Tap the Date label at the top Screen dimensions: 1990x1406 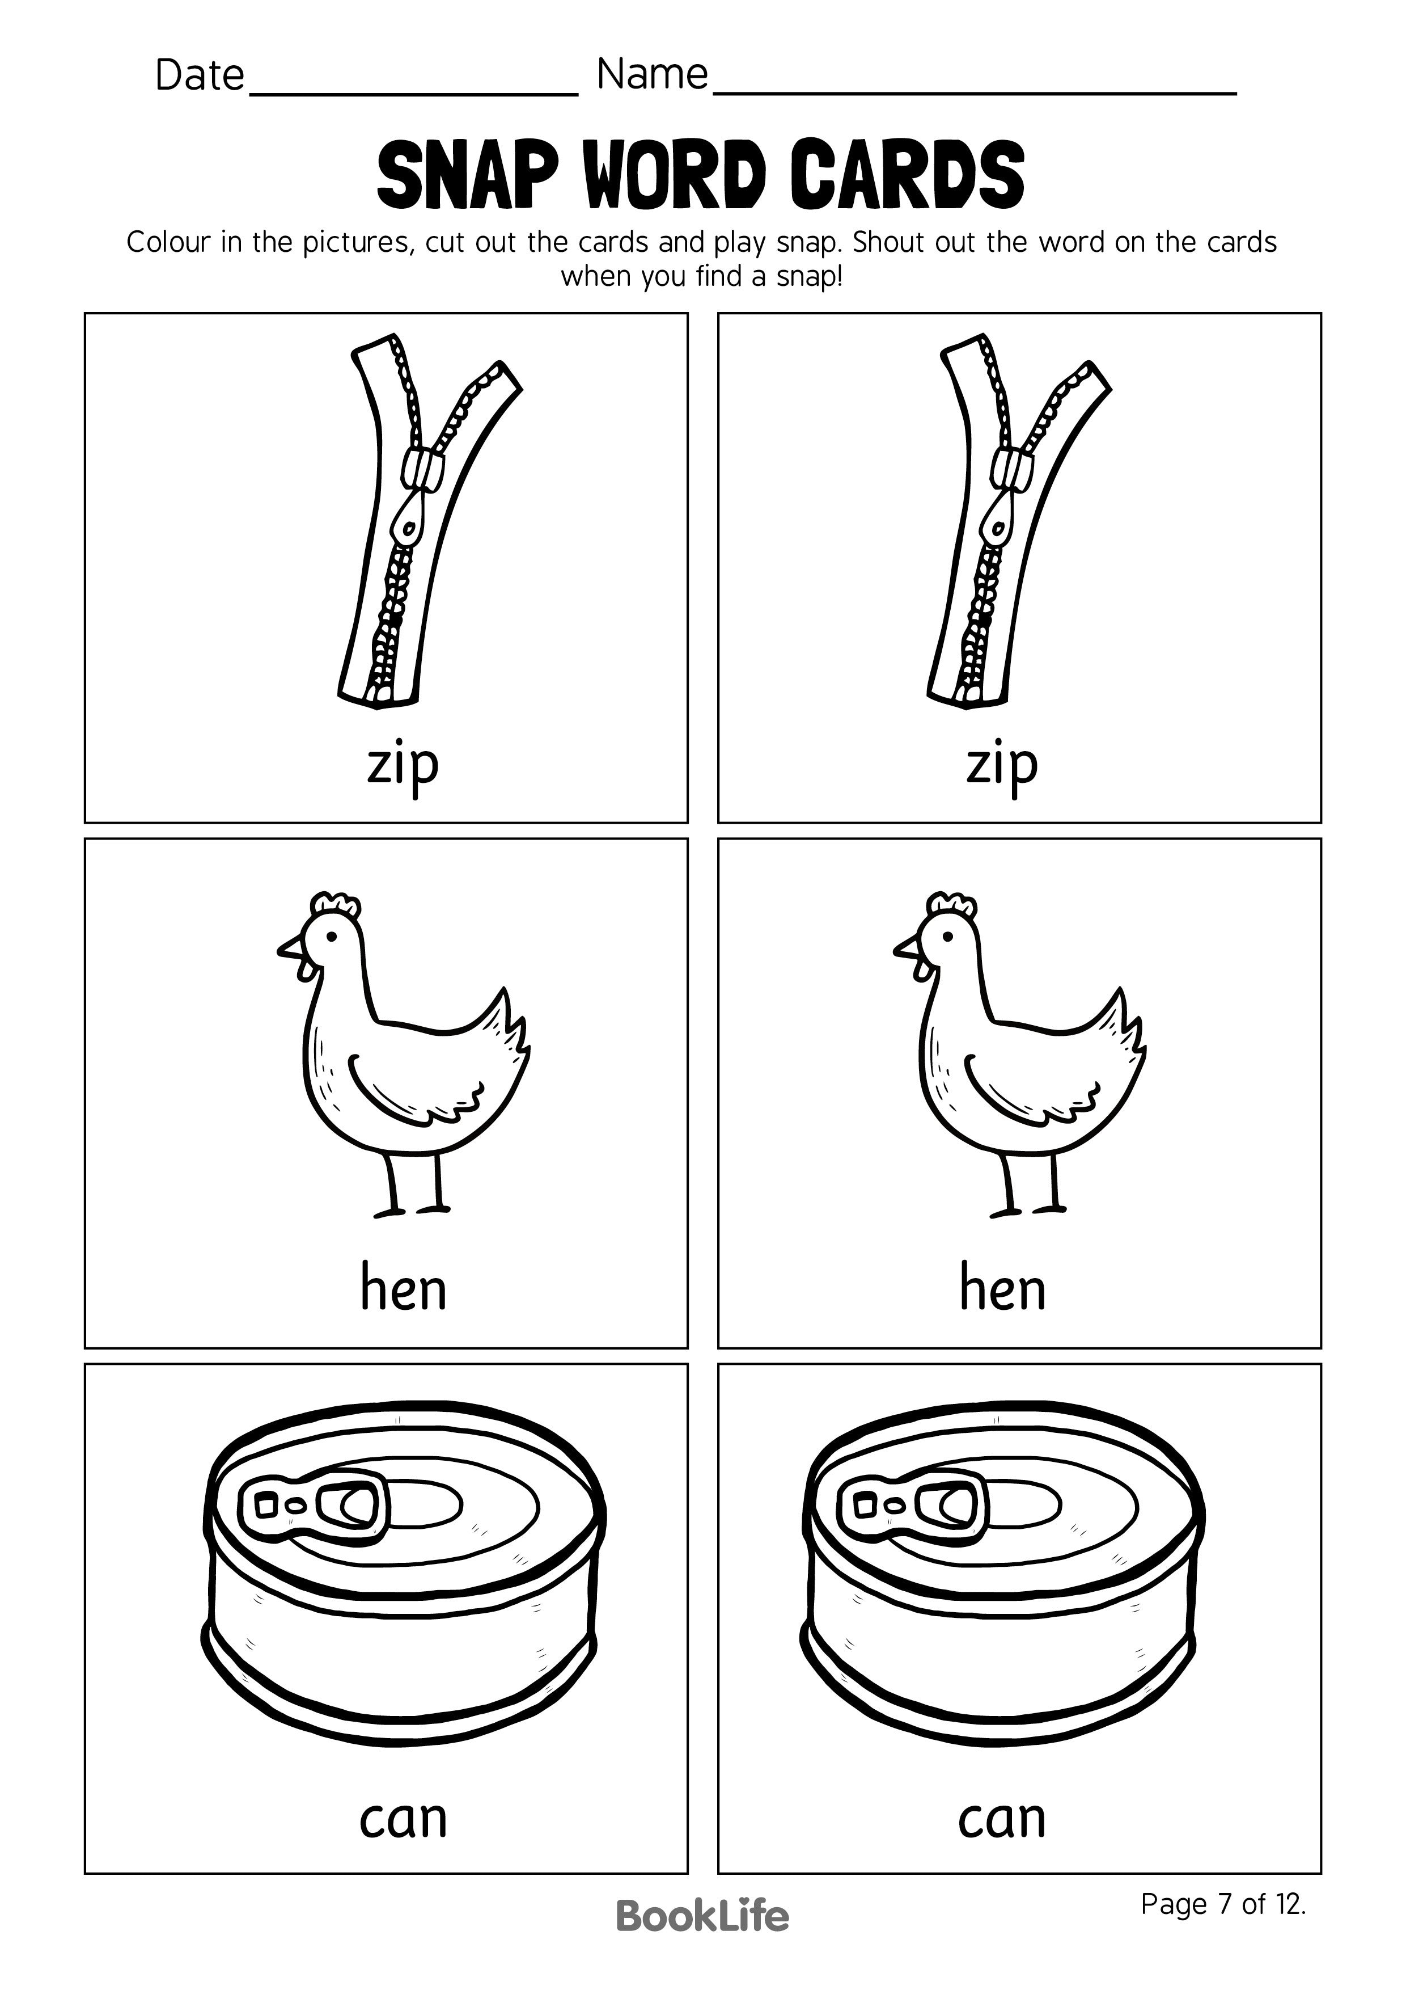(199, 76)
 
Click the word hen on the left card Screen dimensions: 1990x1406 (403, 1289)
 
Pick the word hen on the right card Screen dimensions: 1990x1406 (1002, 1289)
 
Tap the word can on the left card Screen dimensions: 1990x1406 (403, 1818)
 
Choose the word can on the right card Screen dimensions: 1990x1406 (1002, 1818)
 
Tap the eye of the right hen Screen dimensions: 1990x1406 (947, 936)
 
